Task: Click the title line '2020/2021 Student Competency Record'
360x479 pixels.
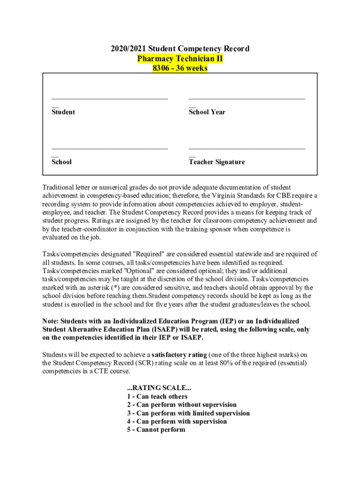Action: pyautogui.click(x=180, y=49)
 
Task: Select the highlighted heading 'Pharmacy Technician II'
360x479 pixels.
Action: pyautogui.click(x=180, y=58)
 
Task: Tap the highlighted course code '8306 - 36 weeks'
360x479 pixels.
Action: pyautogui.click(x=180, y=68)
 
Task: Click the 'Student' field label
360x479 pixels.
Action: pyautogui.click(x=63, y=112)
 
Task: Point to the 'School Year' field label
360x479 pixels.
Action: pyautogui.click(x=207, y=112)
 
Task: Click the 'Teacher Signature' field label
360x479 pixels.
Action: pyautogui.click(x=216, y=162)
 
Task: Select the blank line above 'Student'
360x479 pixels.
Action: pyautogui.click(x=109, y=99)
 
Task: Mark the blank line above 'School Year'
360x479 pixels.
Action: pyautogui.click(x=247, y=99)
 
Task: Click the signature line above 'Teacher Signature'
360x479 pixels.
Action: pyautogui.click(x=247, y=149)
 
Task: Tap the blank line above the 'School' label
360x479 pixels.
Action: pyautogui.click(x=109, y=149)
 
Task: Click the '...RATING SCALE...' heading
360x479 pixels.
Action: pyautogui.click(x=159, y=388)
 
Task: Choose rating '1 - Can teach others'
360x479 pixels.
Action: pyautogui.click(x=157, y=397)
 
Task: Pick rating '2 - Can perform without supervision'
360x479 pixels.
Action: pyautogui.click(x=182, y=405)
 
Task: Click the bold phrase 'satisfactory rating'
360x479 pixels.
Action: pyautogui.click(x=180, y=355)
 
